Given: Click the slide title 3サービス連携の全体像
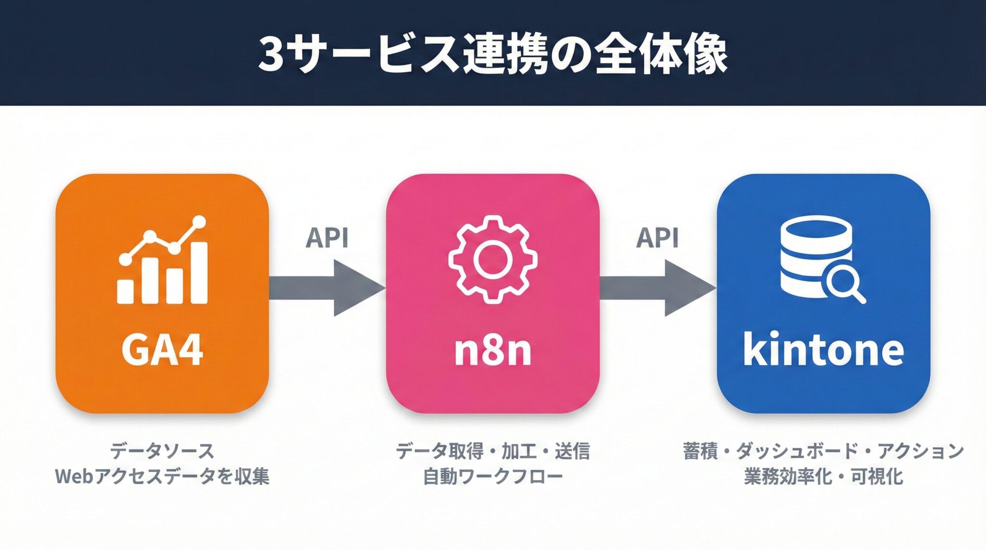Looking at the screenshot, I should [x=493, y=54].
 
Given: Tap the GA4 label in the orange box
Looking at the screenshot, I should [x=162, y=350].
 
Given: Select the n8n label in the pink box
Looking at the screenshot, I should [x=493, y=350].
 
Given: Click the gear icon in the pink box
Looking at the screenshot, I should [x=493, y=259].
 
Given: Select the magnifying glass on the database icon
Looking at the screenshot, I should [x=844, y=283].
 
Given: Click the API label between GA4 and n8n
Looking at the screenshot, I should [x=327, y=238].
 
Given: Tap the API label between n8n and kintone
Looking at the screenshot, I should [x=657, y=238].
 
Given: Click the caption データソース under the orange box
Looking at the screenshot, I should [x=162, y=451].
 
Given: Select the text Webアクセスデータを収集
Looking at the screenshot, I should [x=162, y=476].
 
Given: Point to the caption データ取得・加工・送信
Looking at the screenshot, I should [x=493, y=451].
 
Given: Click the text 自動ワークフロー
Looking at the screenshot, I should [x=493, y=476].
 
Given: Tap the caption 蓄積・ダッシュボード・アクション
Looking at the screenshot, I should [x=823, y=451].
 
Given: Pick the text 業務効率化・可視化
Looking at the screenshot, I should [x=823, y=476].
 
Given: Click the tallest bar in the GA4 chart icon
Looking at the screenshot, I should [x=199, y=273].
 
